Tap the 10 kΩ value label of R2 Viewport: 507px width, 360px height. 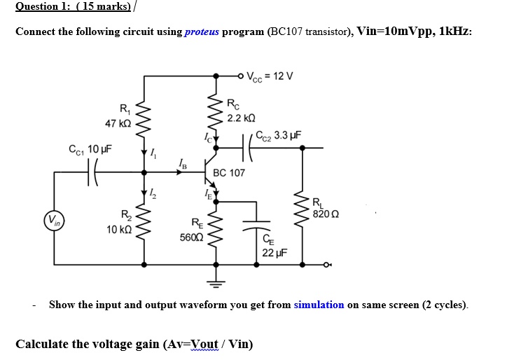116,230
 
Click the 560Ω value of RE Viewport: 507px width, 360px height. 191,237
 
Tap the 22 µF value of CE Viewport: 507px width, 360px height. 272,253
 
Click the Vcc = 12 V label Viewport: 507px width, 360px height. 271,76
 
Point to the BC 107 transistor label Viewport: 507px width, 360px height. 229,172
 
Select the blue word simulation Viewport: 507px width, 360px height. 319,305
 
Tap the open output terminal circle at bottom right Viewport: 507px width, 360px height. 328,265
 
